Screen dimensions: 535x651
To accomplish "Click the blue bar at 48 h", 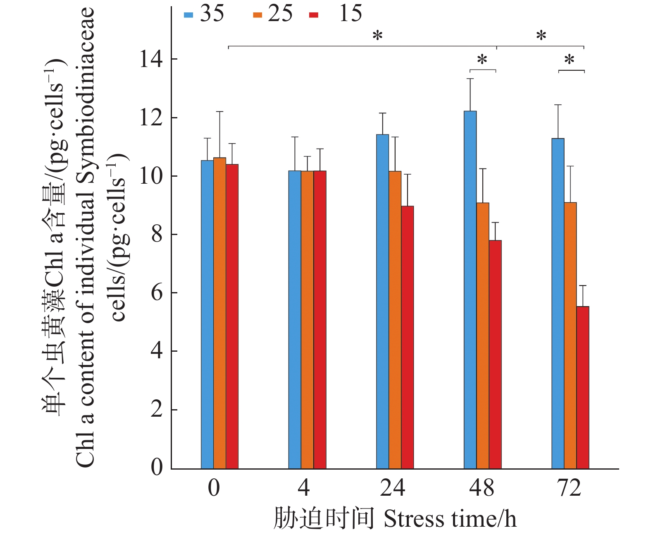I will click(470, 290).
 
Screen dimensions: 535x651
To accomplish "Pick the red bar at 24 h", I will click(407, 337).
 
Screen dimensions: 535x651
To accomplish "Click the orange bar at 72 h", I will click(570, 335).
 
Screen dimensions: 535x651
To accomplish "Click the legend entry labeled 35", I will click(204, 14).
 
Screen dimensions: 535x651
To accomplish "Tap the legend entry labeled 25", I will click(273, 14).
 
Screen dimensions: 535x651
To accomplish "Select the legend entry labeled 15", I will click(336, 14).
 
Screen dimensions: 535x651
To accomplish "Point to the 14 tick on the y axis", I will click(151, 59).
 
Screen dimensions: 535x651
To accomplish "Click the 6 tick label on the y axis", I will click(157, 293).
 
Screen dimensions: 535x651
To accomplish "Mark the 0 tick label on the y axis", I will click(157, 468).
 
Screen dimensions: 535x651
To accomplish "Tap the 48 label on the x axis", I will click(482, 488).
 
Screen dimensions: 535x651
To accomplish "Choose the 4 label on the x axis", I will click(304, 488).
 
